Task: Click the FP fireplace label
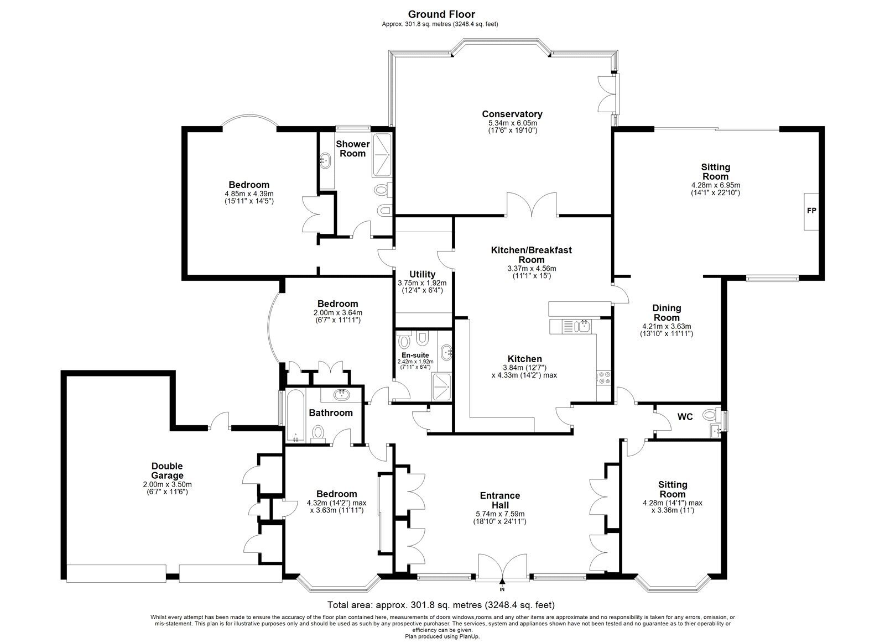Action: [x=811, y=211]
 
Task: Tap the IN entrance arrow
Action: [x=502, y=581]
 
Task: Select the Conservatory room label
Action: [x=512, y=114]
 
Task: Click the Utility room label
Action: [x=423, y=274]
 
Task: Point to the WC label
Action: [x=685, y=417]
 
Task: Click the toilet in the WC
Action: [x=710, y=415]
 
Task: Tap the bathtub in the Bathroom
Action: [x=295, y=416]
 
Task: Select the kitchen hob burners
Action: [x=604, y=377]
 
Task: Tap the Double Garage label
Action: [x=168, y=471]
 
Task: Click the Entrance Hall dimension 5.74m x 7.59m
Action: [x=500, y=514]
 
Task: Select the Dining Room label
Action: [x=667, y=313]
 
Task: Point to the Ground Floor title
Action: [x=441, y=14]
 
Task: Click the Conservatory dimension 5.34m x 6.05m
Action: [x=512, y=123]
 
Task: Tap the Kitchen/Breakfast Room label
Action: [x=532, y=255]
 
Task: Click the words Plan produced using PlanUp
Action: [x=442, y=636]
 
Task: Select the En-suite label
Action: [x=415, y=355]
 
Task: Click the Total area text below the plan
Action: [x=441, y=605]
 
